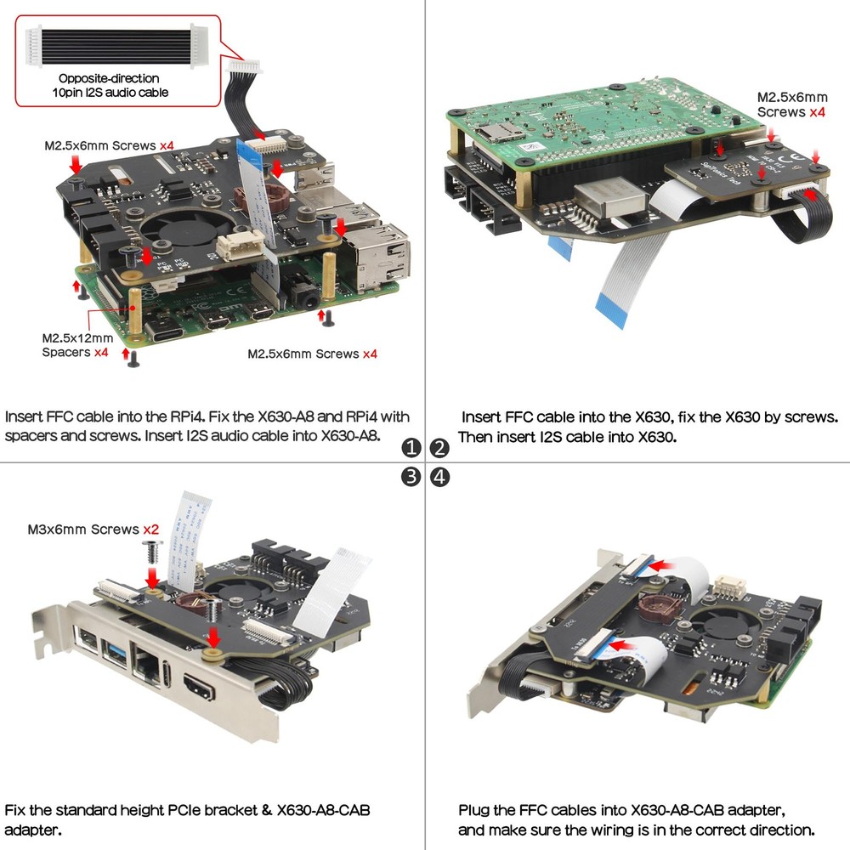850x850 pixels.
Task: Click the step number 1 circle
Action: tap(411, 448)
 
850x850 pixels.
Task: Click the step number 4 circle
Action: tap(439, 477)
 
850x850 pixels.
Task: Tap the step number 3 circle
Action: tap(411, 477)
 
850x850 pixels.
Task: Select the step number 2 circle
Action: tap(439, 448)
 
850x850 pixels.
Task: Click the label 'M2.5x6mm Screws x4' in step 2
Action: tap(792, 105)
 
